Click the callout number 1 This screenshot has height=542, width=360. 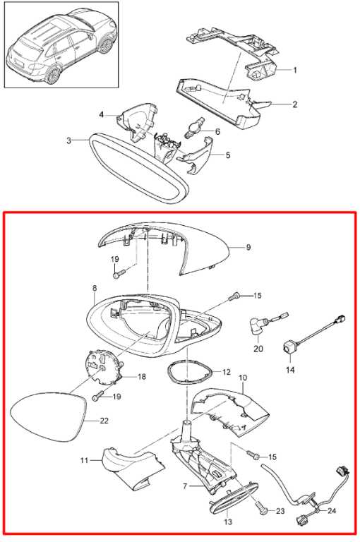coord(294,70)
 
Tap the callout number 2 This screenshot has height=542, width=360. coord(294,104)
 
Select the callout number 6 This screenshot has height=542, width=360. coord(217,131)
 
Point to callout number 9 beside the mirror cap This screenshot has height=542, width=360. coord(248,248)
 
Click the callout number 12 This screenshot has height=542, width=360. coord(226,372)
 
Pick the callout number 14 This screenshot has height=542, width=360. coord(291,370)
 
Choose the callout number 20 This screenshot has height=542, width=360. coord(258,349)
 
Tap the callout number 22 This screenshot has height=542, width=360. coord(104,421)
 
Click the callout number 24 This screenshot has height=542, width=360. coord(332,510)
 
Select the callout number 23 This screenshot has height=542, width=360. coord(280,510)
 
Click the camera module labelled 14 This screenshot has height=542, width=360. coord(289,347)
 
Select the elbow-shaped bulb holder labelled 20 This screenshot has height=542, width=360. coord(258,327)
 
